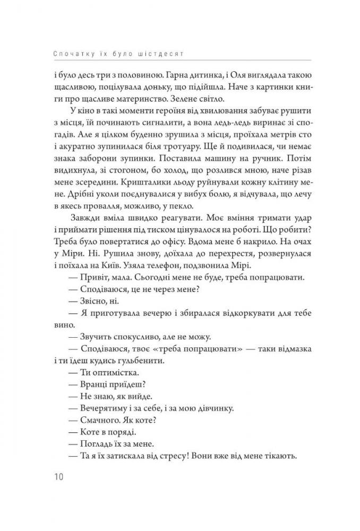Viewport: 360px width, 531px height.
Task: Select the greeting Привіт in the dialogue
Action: (96, 277)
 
